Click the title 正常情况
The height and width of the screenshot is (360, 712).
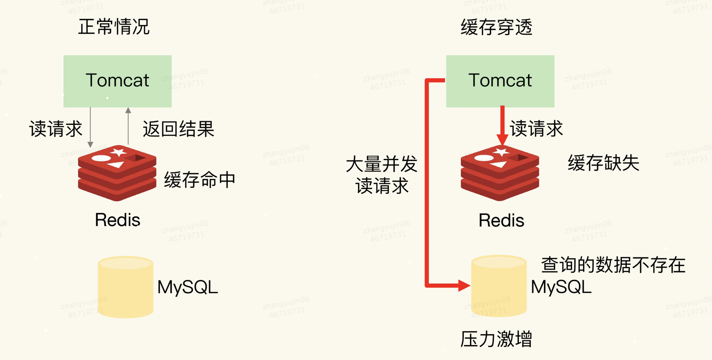[x=114, y=27]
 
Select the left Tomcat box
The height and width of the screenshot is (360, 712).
[x=117, y=81]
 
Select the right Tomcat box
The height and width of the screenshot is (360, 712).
[x=500, y=81]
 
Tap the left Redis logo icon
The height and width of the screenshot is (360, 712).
[x=117, y=173]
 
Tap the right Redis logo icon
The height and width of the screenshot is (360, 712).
[x=500, y=173]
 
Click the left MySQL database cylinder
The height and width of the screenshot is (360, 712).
[x=126, y=287]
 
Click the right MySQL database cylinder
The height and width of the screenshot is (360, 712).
[x=499, y=286]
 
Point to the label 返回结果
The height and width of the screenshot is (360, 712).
[x=179, y=129]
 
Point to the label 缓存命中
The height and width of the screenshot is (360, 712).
[x=200, y=180]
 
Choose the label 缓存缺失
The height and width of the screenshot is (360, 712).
[x=603, y=163]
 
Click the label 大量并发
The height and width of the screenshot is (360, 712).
[x=381, y=164]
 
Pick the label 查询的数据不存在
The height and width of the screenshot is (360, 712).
[x=613, y=265]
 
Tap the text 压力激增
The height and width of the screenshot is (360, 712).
[x=496, y=339]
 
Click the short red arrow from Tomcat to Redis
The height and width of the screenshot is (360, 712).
[x=502, y=124]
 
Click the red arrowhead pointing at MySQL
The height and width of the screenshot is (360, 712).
[x=464, y=286]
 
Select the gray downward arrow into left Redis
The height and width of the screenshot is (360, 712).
[x=90, y=127]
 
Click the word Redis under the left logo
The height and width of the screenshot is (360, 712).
[x=117, y=220]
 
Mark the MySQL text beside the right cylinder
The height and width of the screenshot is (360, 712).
[x=561, y=287]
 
